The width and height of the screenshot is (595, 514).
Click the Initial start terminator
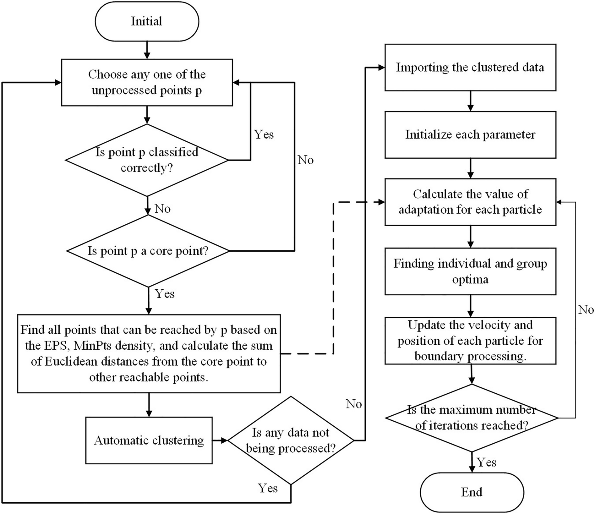pyautogui.click(x=147, y=21)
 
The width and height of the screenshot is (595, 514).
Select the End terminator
pyautogui.click(x=472, y=492)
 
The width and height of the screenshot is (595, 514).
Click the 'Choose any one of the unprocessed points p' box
pyautogui.click(x=147, y=82)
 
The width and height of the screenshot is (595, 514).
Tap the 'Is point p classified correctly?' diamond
pyautogui.click(x=147, y=160)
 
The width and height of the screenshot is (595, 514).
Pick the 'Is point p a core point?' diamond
pyautogui.click(x=148, y=251)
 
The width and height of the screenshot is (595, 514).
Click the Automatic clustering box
pyautogui.click(x=149, y=440)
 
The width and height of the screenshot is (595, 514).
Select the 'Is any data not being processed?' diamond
pyautogui.click(x=291, y=440)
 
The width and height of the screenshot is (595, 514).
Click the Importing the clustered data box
pyautogui.click(x=470, y=67)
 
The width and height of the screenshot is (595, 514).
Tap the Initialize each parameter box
pyautogui.click(x=470, y=134)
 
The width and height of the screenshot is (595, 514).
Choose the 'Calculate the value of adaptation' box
pyautogui.click(x=470, y=202)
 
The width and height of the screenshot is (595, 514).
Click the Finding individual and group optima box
pyautogui.click(x=470, y=271)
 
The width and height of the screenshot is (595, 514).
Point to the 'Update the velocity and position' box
pyautogui.click(x=470, y=341)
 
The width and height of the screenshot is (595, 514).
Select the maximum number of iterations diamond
pyautogui.click(x=471, y=418)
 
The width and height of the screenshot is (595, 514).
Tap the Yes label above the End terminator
pyautogui.click(x=486, y=462)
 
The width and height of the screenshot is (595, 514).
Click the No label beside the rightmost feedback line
pyautogui.click(x=586, y=310)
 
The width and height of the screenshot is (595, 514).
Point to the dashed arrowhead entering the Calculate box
pyautogui.click(x=381, y=202)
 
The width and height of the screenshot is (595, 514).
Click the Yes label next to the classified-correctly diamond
pyautogui.click(x=264, y=134)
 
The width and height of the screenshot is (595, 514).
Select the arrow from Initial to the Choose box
pyautogui.click(x=147, y=50)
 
